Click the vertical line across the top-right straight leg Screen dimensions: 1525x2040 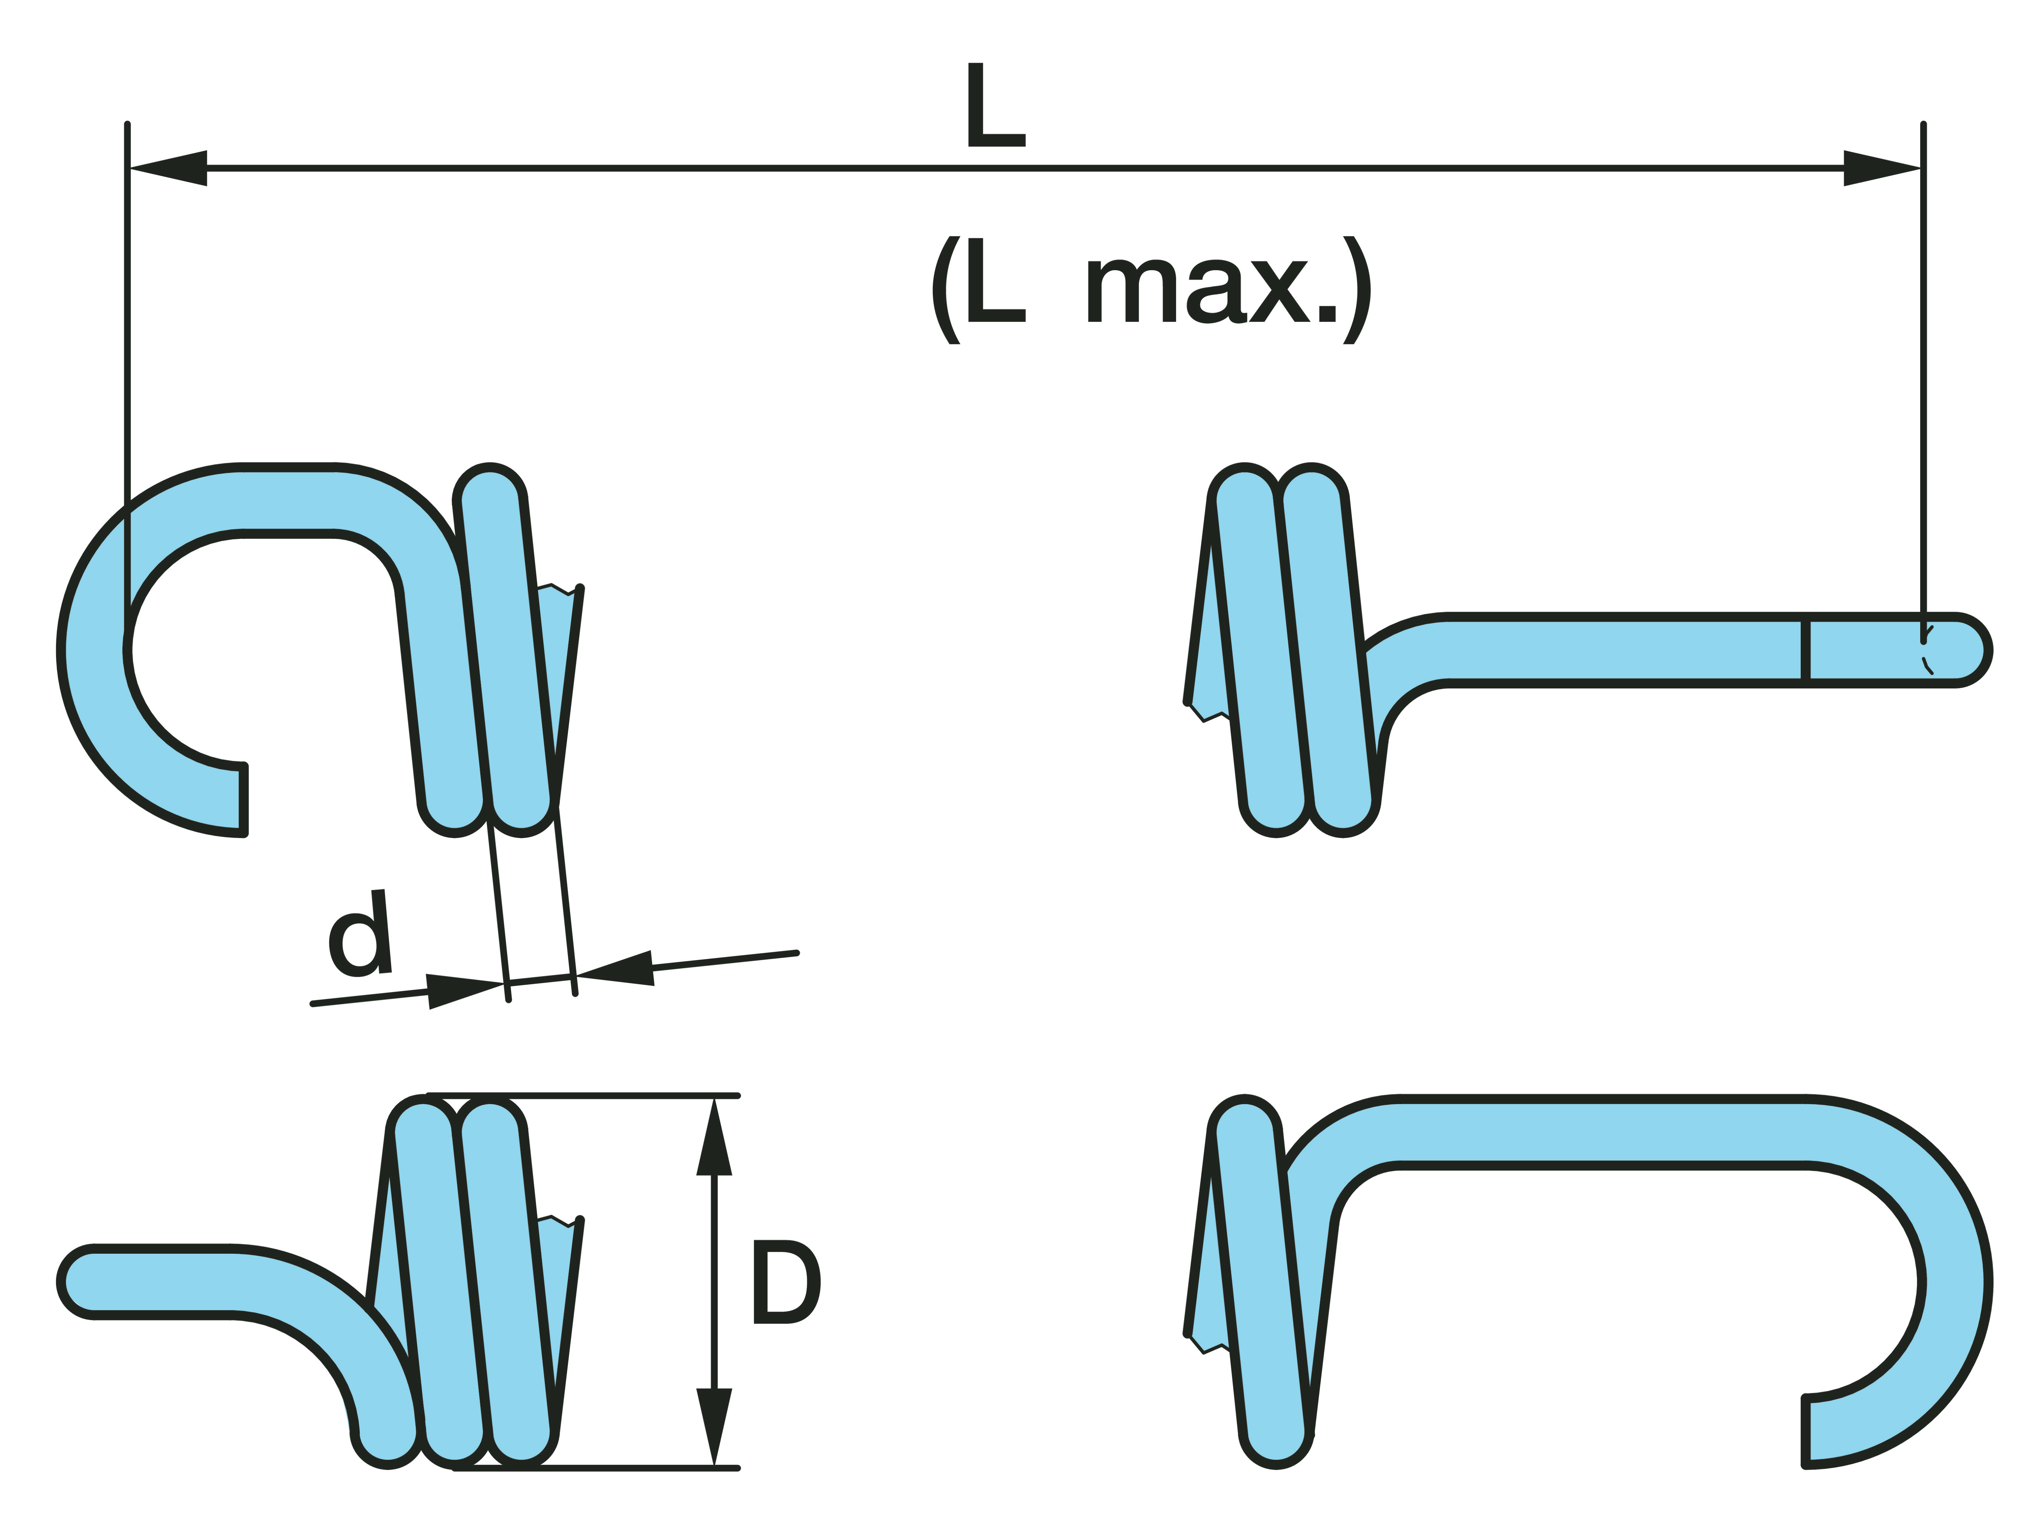coord(1806,650)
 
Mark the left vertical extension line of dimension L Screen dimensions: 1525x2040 coord(127,369)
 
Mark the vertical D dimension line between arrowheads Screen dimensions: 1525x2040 coord(714,1282)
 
